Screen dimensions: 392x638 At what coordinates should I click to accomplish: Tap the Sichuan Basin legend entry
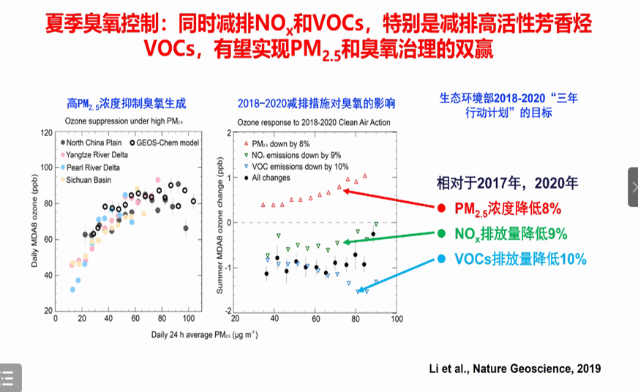(x=89, y=179)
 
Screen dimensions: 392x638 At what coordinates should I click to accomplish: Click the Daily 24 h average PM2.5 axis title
(x=129, y=333)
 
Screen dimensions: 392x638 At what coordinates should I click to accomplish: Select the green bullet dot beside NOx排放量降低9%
(x=441, y=234)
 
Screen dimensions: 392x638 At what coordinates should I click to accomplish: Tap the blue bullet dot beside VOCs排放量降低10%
(x=441, y=259)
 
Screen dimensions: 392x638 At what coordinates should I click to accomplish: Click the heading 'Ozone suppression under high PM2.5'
(x=120, y=120)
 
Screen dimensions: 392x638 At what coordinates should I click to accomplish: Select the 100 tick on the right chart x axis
(x=396, y=319)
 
